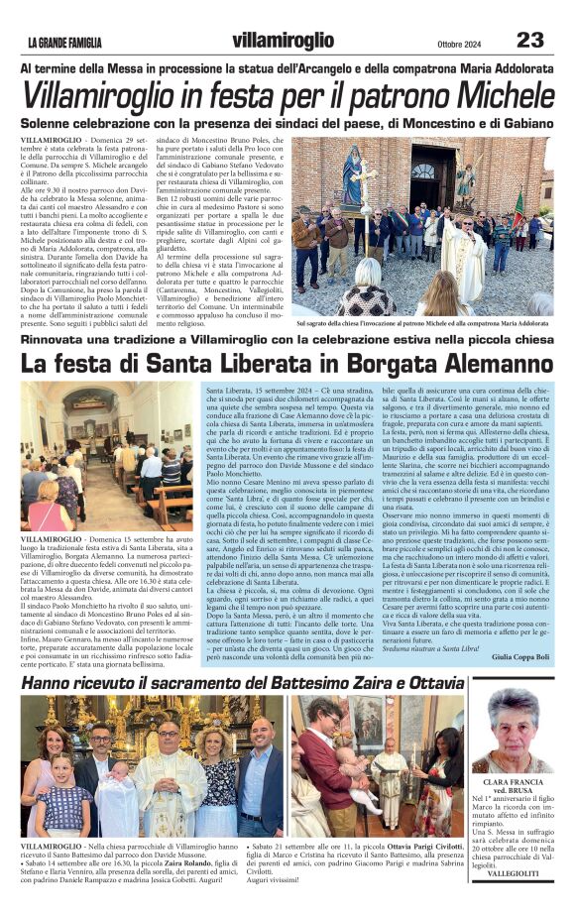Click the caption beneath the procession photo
click(422, 323)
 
